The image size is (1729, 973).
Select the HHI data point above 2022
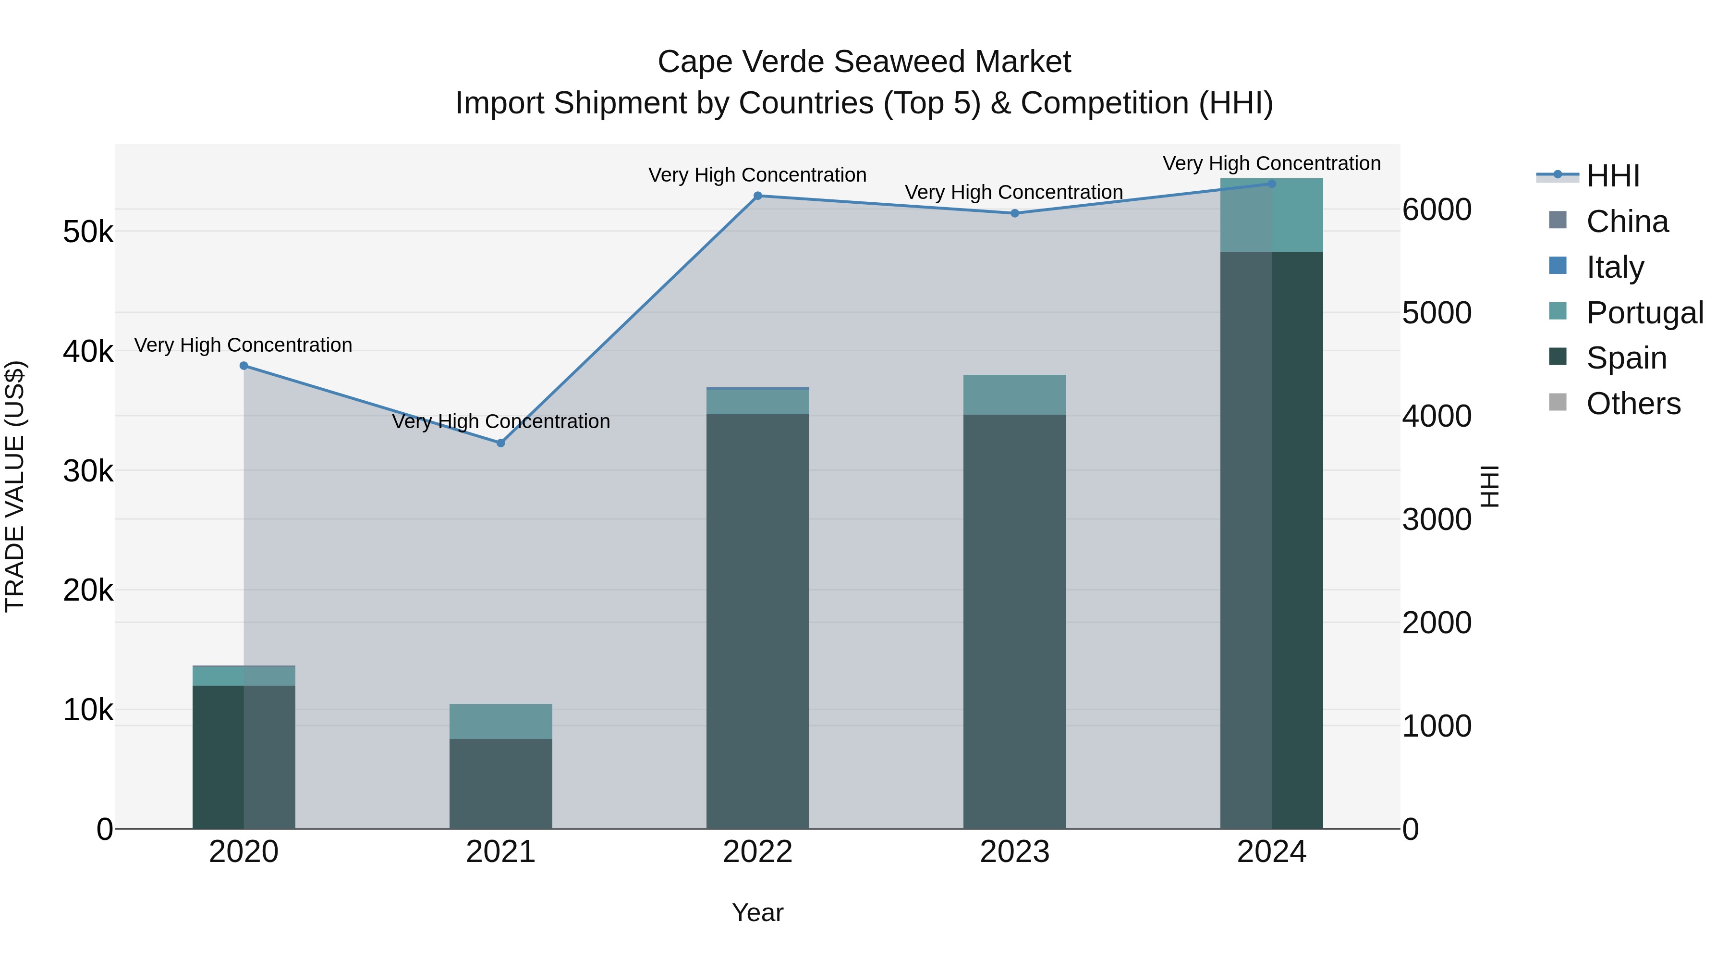pyautogui.click(x=758, y=196)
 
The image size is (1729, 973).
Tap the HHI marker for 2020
pyautogui.click(x=244, y=366)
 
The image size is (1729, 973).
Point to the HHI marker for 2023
pyautogui.click(x=1015, y=213)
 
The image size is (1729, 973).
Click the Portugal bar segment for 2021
pyautogui.click(x=501, y=721)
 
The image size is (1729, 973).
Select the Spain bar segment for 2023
pyautogui.click(x=1015, y=621)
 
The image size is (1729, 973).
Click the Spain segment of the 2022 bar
pyautogui.click(x=758, y=621)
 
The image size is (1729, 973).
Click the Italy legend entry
pyautogui.click(x=1614, y=267)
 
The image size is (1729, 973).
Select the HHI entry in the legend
pyautogui.click(x=1612, y=176)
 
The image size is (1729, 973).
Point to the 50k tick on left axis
pyautogui.click(x=88, y=233)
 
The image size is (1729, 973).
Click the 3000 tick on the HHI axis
pyautogui.click(x=1437, y=520)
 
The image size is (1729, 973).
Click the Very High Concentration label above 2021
pyautogui.click(x=501, y=422)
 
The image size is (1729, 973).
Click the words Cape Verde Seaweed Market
pyautogui.click(x=864, y=62)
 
